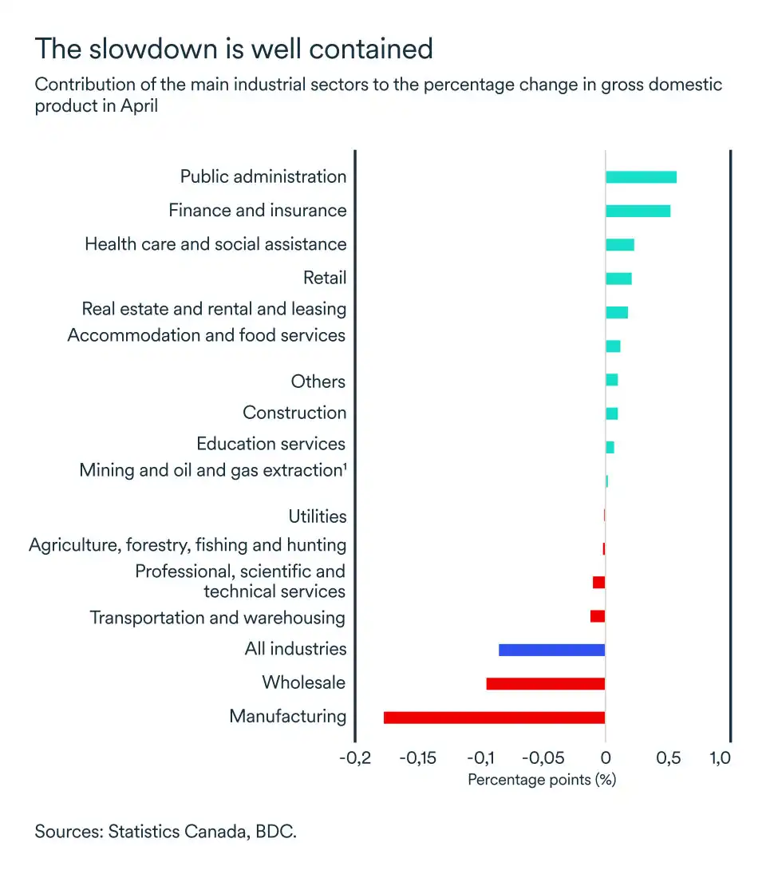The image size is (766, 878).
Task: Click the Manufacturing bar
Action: coord(494,717)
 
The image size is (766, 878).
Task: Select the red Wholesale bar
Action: coord(545,683)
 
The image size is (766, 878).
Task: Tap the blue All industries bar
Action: coord(551,650)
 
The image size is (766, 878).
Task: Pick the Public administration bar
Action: coord(641,176)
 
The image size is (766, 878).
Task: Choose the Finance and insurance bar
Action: coord(638,211)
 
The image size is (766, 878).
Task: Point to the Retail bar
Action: coord(618,278)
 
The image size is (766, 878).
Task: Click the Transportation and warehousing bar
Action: coord(598,616)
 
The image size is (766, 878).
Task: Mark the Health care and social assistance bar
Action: coord(620,244)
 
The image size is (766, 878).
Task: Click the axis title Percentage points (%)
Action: coord(542,780)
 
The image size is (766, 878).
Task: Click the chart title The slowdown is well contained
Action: coord(234,49)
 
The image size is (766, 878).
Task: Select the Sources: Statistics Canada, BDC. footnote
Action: coord(165,832)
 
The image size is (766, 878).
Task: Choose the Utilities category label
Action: coord(318,516)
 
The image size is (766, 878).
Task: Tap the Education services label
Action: coord(271,444)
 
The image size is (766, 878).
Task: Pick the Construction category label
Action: coord(294,413)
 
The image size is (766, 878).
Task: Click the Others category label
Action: coord(318,382)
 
